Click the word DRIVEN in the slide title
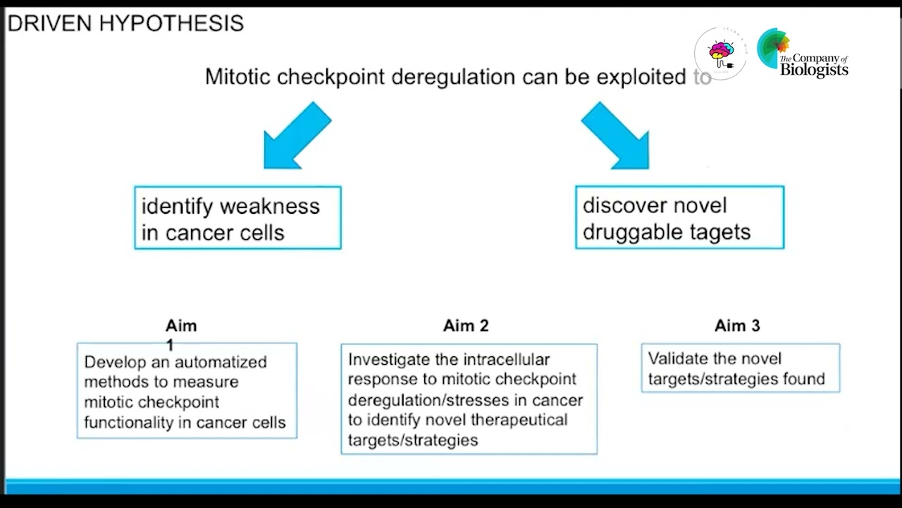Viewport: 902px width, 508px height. [50, 23]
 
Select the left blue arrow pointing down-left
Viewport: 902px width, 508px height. [295, 136]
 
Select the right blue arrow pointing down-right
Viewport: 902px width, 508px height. [616, 136]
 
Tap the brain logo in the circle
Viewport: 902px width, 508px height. [720, 53]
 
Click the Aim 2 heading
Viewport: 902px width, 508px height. [466, 325]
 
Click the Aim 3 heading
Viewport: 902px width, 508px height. [737, 325]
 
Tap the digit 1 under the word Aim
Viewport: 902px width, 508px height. [170, 345]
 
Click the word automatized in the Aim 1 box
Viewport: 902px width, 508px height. [221, 362]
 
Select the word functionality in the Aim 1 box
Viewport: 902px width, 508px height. [128, 423]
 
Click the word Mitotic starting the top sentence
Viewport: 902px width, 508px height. [237, 77]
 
